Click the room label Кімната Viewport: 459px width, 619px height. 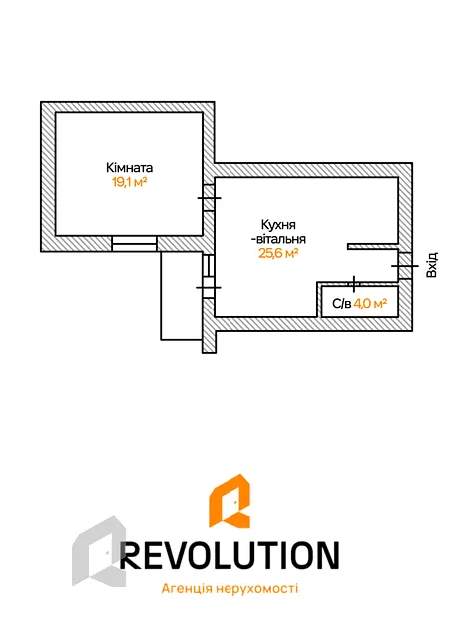pos(129,168)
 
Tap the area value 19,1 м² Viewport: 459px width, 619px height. pos(129,182)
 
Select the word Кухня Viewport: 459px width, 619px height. pos(278,225)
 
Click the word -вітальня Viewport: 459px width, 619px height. pos(278,239)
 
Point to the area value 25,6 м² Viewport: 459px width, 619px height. pos(278,253)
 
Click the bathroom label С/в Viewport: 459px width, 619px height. pos(342,304)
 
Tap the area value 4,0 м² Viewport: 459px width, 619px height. pos(370,304)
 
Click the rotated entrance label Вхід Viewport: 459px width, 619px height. pos(432,265)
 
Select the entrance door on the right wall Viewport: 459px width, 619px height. pos(405,266)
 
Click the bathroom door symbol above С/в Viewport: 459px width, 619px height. pos(354,283)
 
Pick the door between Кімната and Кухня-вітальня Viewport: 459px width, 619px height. pos(209,198)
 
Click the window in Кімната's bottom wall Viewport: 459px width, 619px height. pos(134,244)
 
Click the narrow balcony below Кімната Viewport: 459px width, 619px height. pos(182,296)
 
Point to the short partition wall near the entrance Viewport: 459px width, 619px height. pos(372,246)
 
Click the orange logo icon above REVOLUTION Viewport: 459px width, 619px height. pos(229,501)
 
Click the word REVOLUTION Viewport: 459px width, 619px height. pos(229,555)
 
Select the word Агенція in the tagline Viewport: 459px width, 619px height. pos(184,589)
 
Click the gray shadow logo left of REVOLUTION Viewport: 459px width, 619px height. pos(99,551)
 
